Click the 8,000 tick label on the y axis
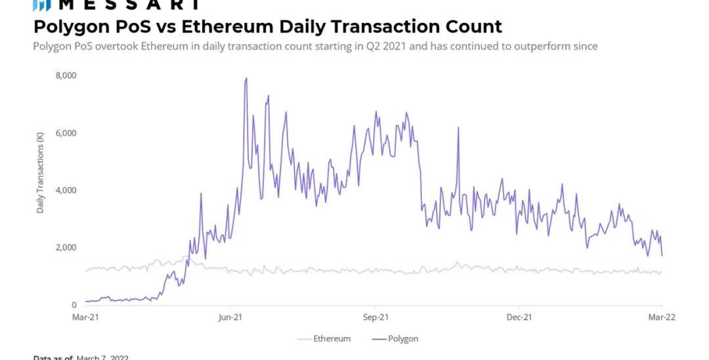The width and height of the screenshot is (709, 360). (66, 76)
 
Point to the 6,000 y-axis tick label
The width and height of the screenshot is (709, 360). (66, 133)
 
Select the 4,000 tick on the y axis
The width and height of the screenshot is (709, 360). (66, 191)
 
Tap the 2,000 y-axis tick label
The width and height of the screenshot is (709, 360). (66, 248)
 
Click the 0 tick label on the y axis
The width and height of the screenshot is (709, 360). (74, 305)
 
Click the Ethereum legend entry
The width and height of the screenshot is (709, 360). (324, 339)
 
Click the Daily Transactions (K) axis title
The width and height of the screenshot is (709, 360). (41, 173)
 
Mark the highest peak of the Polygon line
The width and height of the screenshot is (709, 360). (246, 78)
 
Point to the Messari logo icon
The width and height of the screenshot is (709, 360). (41, 5)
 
